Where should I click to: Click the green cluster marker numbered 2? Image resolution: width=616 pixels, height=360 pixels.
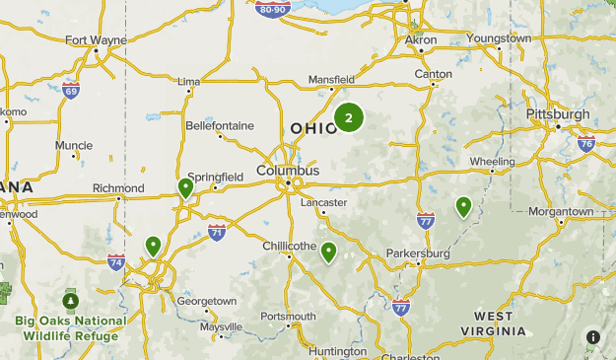pos(349,118)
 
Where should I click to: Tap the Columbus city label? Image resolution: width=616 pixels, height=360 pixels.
pos(288,171)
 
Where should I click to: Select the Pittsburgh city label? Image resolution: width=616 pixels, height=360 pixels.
pos(558,114)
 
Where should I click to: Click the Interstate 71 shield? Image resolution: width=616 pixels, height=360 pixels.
pos(217,232)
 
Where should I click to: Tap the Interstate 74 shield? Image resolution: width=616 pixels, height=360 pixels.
pos(116,261)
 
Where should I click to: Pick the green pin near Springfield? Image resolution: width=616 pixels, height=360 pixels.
pos(185,187)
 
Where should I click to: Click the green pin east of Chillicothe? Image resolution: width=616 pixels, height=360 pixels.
pos(329,252)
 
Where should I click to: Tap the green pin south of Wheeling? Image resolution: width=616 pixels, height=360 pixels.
pos(463,206)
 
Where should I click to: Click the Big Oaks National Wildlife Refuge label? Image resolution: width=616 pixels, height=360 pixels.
pos(70,327)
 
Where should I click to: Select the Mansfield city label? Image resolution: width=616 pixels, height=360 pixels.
pos(331,79)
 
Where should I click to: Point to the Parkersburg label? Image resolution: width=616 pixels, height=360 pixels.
pos(418,253)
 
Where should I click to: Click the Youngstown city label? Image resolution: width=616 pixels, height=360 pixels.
pos(499,38)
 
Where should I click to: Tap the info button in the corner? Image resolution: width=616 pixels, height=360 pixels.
pos(593,337)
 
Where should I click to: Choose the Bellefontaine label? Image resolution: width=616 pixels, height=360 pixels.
pos(220,125)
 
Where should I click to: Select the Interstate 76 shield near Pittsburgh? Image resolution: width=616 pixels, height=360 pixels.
pos(586,144)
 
